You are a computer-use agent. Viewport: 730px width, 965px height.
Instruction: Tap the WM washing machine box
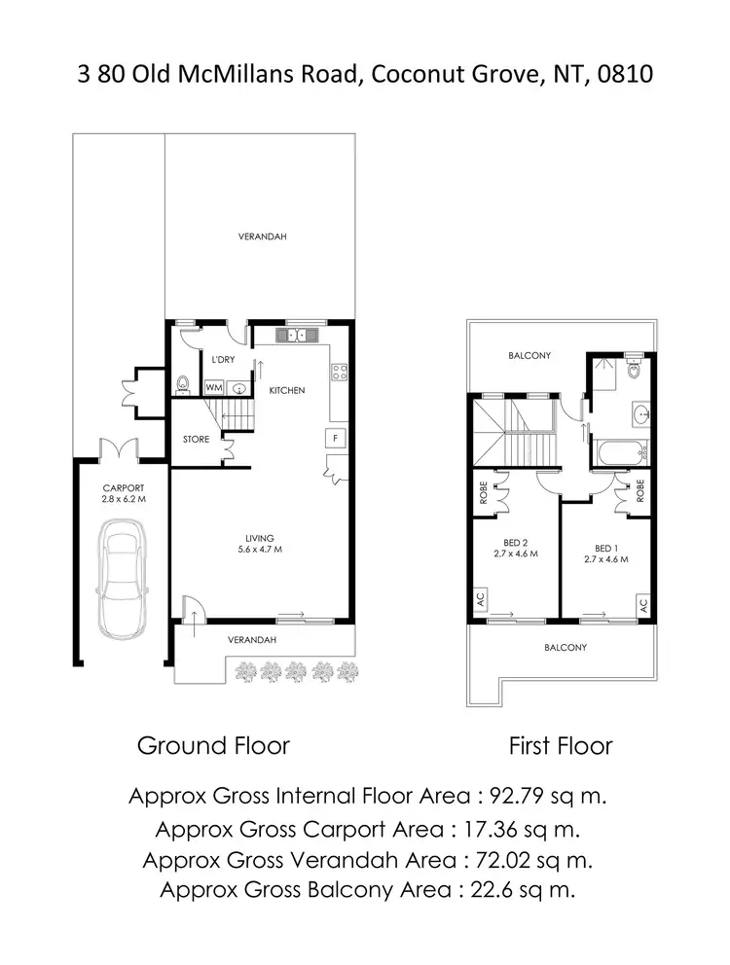point(213,386)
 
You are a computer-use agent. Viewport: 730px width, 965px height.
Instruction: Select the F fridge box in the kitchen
point(336,438)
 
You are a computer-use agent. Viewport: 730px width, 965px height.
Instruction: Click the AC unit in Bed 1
point(641,604)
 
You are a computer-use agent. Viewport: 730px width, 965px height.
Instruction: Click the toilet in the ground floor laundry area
point(183,382)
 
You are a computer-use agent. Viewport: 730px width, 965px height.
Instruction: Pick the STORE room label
point(197,440)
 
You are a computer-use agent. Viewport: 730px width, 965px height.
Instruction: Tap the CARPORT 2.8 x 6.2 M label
point(123,495)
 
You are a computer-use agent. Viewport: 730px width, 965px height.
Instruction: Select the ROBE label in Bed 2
point(482,493)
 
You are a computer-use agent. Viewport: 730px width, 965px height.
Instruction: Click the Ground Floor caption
point(213,746)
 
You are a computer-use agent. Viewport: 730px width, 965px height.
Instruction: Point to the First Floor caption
point(561,746)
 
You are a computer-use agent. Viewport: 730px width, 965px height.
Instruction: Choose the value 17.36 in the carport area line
point(481,829)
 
